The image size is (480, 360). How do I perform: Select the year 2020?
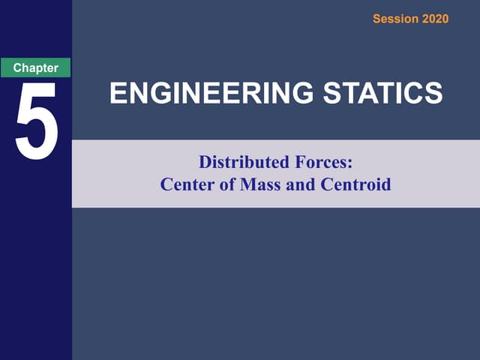point(435,19)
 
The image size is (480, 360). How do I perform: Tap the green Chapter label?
point(35,67)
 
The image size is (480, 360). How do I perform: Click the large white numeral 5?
point(36,121)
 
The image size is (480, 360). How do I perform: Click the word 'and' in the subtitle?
point(301,184)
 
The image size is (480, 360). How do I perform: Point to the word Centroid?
point(355,184)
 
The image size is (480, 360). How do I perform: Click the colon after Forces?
point(349,163)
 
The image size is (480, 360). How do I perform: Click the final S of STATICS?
point(433,94)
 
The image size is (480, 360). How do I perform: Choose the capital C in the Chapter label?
point(16,67)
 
